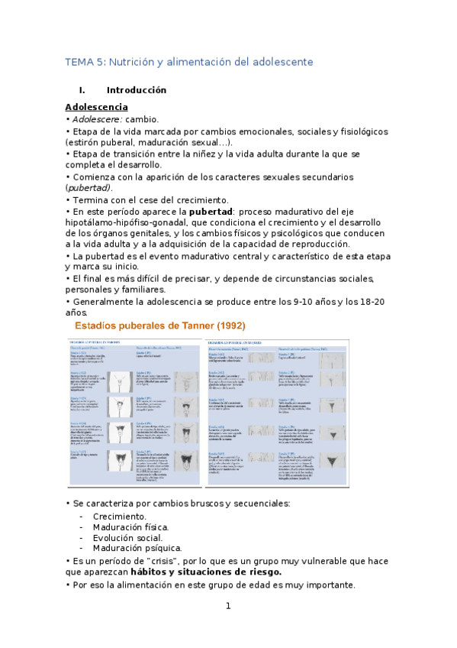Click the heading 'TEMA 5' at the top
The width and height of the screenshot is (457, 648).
pos(86,61)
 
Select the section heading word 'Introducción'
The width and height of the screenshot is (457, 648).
pos(137,90)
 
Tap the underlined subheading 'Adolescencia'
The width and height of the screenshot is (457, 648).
pos(96,107)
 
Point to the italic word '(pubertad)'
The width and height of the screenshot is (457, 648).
pos(88,188)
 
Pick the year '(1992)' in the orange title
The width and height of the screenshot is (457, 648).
pos(225,326)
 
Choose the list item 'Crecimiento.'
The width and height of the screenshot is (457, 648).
pos(120,517)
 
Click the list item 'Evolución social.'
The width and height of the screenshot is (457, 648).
pos(127,537)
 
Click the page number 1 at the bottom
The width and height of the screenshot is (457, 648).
pos(227,607)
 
